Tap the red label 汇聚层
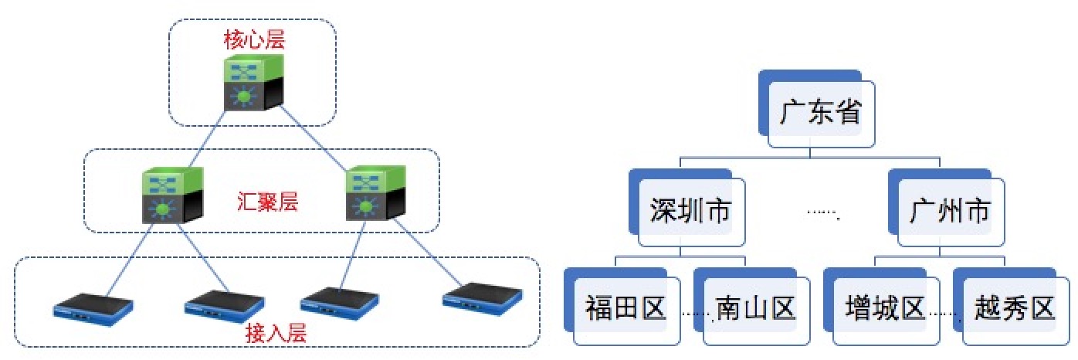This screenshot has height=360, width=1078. click(x=267, y=203)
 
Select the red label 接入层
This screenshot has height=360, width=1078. click(x=276, y=334)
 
